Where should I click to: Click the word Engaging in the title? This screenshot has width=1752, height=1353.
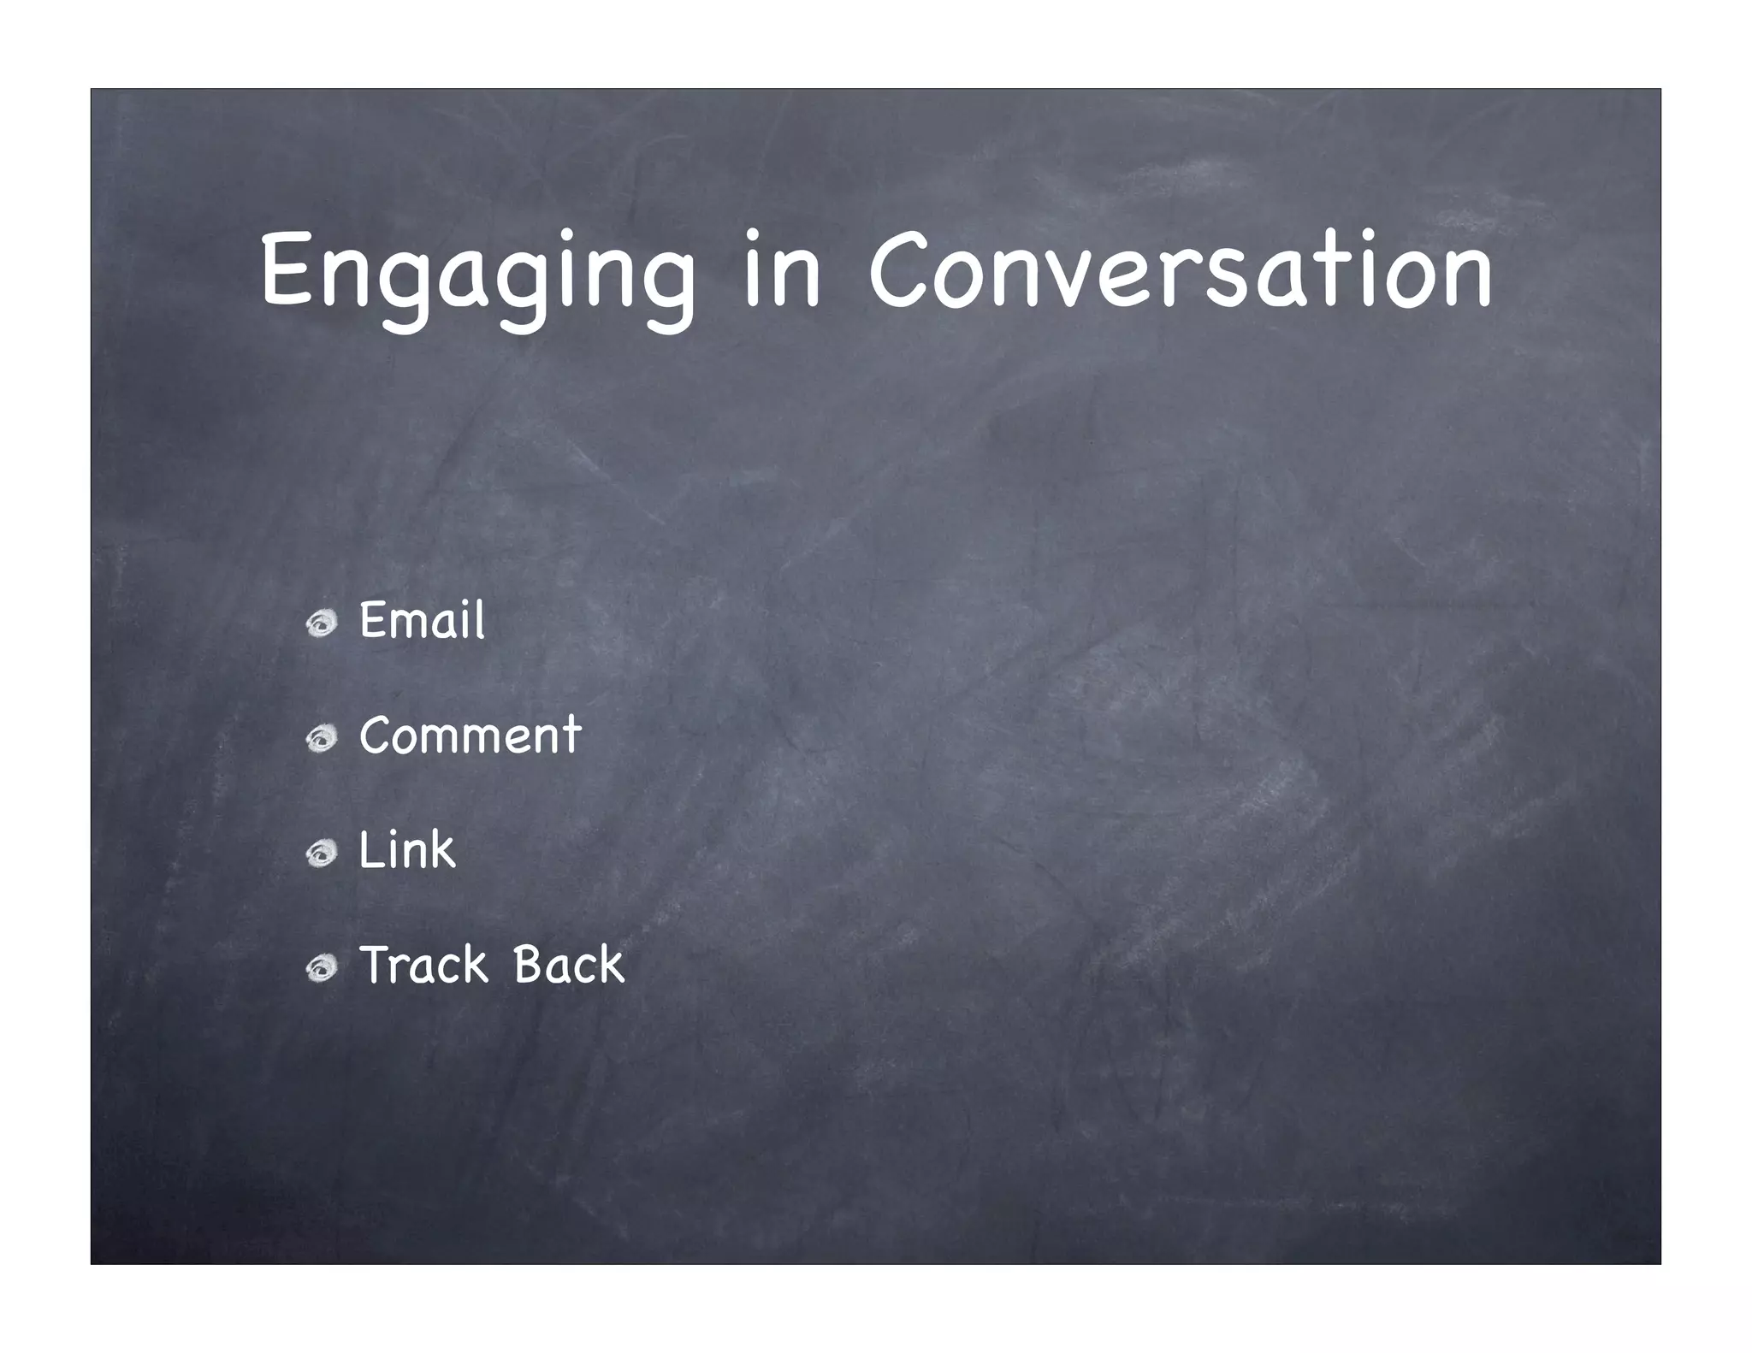pyautogui.click(x=477, y=272)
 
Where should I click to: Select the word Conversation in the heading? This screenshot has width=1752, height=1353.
pyautogui.click(x=1181, y=272)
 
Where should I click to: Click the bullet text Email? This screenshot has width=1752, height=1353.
pyautogui.click(x=422, y=620)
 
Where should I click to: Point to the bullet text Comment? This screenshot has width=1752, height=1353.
pyautogui.click(x=470, y=736)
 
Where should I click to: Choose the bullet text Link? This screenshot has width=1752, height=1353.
pyautogui.click(x=406, y=850)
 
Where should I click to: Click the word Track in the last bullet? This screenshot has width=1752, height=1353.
pyautogui.click(x=423, y=965)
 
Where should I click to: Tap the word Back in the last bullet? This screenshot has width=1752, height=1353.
pyautogui.click(x=569, y=965)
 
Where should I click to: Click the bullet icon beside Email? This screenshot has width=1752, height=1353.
pyautogui.click(x=323, y=625)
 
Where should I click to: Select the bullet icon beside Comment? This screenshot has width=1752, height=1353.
pyautogui.click(x=323, y=740)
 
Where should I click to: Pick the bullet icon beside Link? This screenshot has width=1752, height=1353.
pyautogui.click(x=323, y=854)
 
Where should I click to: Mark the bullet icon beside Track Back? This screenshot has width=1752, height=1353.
pyautogui.click(x=323, y=969)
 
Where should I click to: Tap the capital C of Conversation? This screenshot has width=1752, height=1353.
pyautogui.click(x=899, y=269)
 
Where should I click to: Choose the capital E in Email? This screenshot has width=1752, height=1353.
pyautogui.click(x=374, y=620)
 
